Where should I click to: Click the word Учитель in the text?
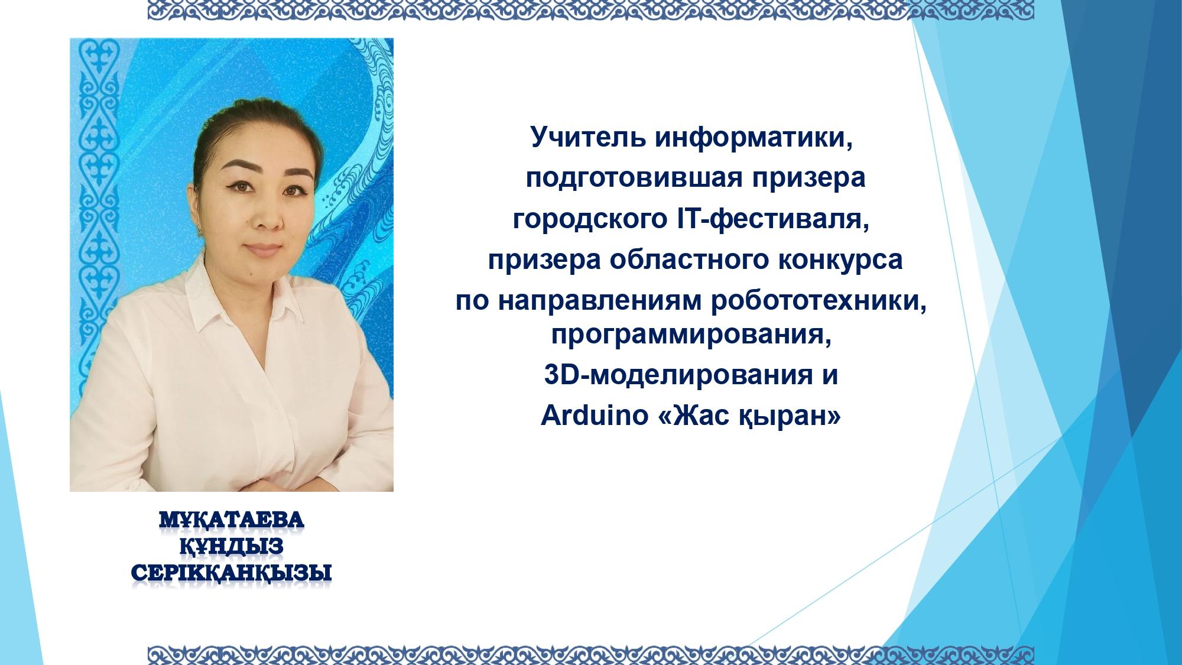click(583, 138)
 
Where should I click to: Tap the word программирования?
click(695, 336)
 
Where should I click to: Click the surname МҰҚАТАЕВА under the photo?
click(231, 521)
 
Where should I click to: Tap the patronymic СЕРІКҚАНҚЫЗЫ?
click(231, 573)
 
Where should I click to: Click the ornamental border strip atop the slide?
click(590, 10)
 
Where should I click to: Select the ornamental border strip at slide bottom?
click(590, 654)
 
